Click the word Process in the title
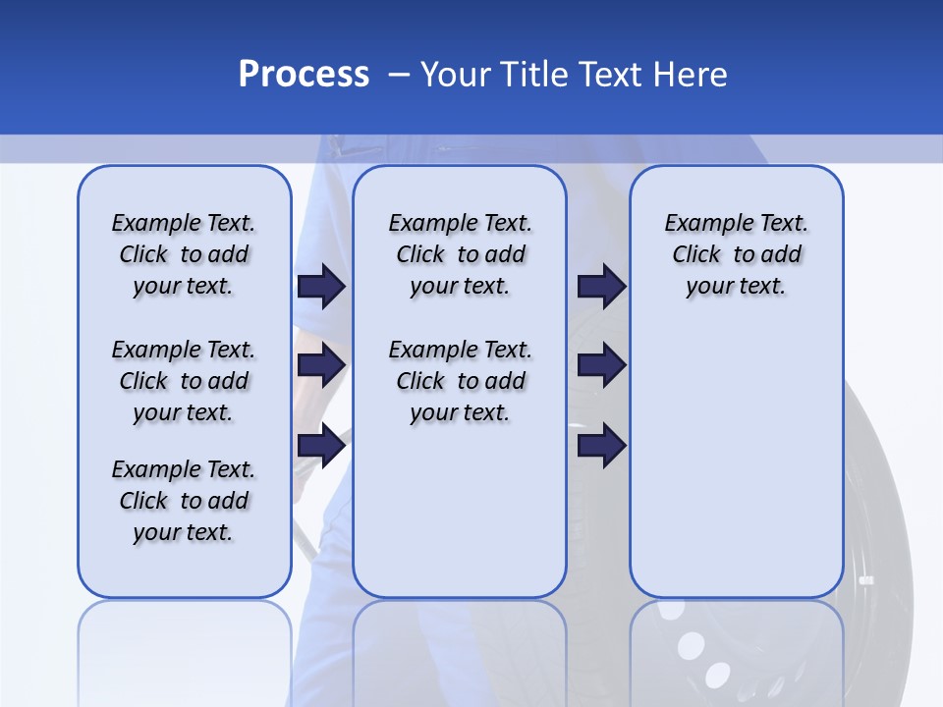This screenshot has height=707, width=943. tap(304, 75)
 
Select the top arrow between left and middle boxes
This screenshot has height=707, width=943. tap(321, 286)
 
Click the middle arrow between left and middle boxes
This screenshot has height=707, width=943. tap(321, 365)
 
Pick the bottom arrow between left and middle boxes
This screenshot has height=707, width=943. tap(321, 446)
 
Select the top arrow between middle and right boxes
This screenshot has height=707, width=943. tap(601, 286)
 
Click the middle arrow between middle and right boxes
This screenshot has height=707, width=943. tap(601, 365)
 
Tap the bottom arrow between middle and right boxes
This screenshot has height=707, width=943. tap(601, 446)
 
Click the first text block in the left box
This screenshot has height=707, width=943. tap(184, 254)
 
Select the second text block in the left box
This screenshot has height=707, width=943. tap(184, 381)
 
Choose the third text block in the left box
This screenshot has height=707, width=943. tap(184, 501)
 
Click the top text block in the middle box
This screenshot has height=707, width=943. tap(460, 254)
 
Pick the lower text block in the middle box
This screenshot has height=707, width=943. tap(460, 381)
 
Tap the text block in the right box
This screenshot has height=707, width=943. tap(736, 254)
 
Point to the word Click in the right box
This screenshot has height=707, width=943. tap(696, 255)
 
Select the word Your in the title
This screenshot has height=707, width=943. tap(457, 75)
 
